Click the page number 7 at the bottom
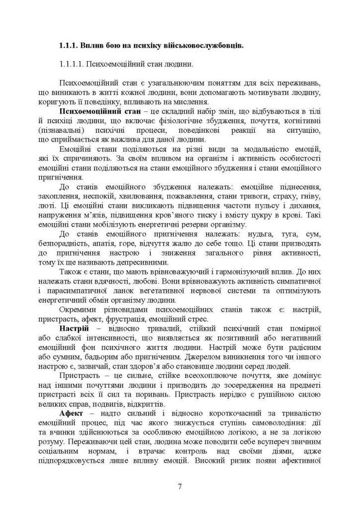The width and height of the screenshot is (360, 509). (x=180, y=486)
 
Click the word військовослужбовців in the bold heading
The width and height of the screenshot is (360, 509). (x=204, y=46)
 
